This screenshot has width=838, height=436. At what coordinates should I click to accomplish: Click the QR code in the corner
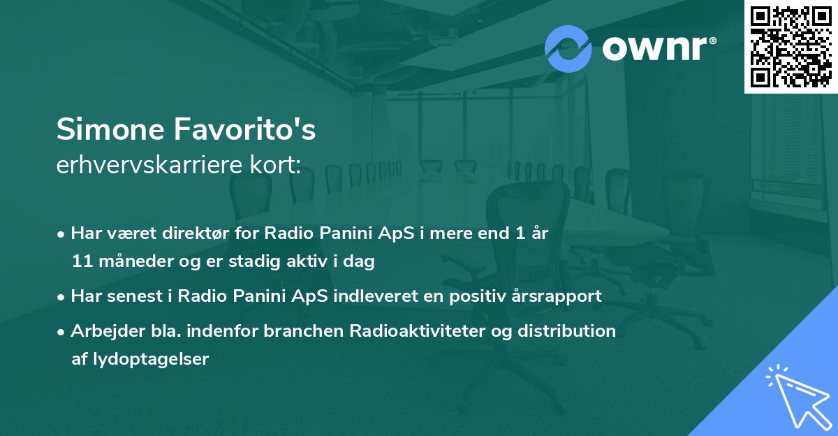click(x=791, y=46)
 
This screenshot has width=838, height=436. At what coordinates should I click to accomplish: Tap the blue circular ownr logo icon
click(x=568, y=49)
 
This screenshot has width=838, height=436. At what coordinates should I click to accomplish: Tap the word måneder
click(x=133, y=262)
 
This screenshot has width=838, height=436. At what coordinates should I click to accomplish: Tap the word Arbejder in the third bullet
click(x=102, y=330)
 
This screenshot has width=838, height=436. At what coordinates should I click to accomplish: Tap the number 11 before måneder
click(x=81, y=262)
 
